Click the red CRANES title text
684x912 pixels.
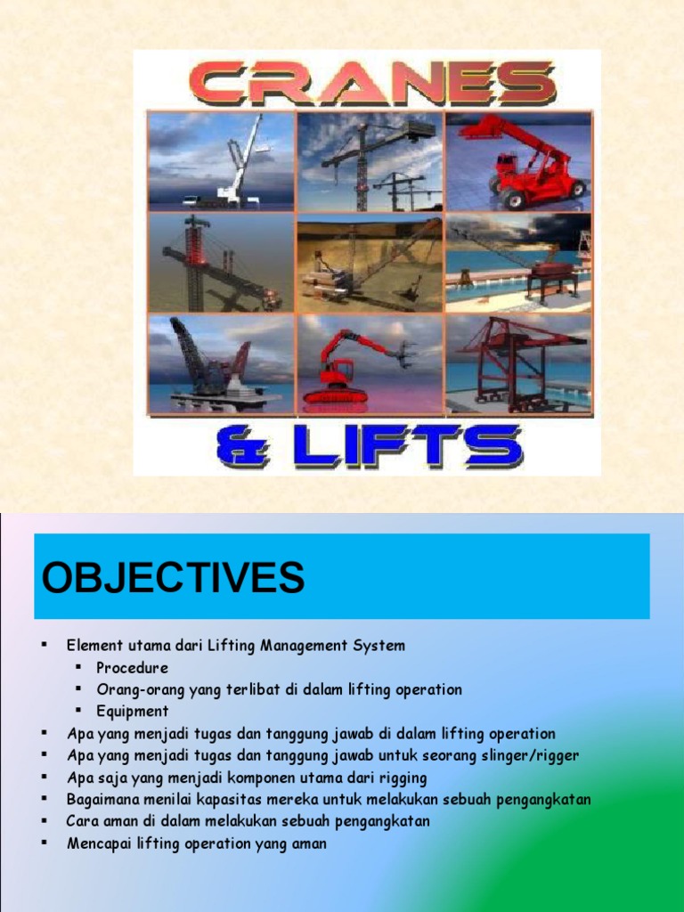pyautogui.click(x=373, y=85)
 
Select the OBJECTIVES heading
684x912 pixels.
pyautogui.click(x=173, y=578)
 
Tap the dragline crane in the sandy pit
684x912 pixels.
pyautogui.click(x=370, y=263)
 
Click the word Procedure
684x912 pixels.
pyautogui.click(x=132, y=667)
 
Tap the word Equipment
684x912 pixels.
pyautogui.click(x=133, y=711)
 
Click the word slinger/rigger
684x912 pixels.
pyautogui.click(x=530, y=755)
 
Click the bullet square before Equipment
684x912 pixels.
pyautogui.click(x=78, y=711)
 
